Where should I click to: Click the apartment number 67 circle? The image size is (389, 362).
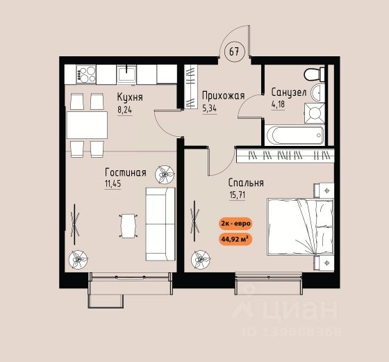point(235,51)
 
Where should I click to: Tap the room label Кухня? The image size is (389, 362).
point(130,97)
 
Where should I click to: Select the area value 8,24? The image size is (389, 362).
point(124,110)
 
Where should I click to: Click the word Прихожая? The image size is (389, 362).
point(223,96)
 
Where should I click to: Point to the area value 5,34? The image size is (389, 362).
point(209,108)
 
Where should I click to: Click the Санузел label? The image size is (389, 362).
point(289,92)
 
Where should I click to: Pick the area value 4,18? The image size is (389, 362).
point(278,104)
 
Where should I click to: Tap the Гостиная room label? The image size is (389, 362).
point(126,172)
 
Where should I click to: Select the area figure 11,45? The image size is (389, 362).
point(113,184)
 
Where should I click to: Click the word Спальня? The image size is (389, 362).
point(246,183)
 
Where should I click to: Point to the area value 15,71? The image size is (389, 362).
point(238,195)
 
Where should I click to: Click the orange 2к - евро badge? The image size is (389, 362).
point(235,223)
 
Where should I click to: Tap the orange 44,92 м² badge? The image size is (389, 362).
point(235,240)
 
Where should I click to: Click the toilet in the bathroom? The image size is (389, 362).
point(314,74)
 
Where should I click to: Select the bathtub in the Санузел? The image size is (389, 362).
point(295,135)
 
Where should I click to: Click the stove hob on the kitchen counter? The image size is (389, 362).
point(86,74)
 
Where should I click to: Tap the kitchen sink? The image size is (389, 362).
point(126,74)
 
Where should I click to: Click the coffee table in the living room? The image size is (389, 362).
point(129,226)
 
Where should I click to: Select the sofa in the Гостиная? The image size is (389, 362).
point(160,224)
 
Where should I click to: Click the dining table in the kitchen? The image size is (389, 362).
point(87,125)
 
